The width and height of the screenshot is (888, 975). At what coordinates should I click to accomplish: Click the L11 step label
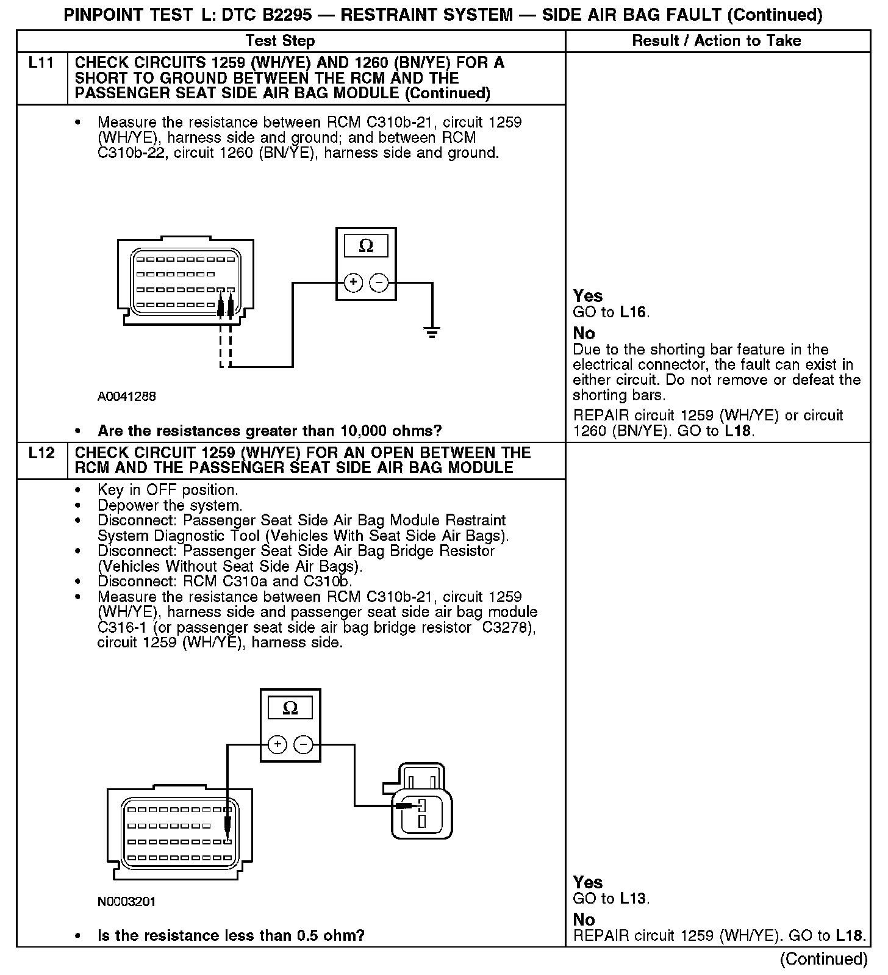click(x=41, y=63)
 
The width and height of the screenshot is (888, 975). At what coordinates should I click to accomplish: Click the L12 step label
click(x=41, y=453)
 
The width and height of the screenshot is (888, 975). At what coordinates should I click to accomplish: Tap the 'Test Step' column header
click(x=280, y=41)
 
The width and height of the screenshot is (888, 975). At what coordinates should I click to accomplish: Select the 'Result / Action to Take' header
click(x=717, y=41)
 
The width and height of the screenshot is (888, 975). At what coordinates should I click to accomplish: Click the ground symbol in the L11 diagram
click(x=432, y=333)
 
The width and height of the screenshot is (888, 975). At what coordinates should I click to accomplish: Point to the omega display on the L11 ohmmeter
click(x=366, y=246)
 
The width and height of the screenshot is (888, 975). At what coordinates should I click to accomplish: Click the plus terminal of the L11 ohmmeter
click(x=353, y=283)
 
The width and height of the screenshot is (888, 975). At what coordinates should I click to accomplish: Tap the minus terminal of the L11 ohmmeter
click(x=379, y=283)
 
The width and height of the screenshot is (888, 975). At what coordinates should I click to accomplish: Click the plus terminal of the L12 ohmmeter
click(x=277, y=744)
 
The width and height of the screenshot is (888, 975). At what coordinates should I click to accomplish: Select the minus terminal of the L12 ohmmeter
click(x=304, y=744)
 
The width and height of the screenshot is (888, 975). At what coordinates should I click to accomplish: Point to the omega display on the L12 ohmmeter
click(x=290, y=708)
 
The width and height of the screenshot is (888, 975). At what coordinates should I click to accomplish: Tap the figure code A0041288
click(x=127, y=397)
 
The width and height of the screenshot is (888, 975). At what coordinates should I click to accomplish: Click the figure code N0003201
click(x=127, y=901)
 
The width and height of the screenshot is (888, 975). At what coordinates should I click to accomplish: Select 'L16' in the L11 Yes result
click(x=633, y=312)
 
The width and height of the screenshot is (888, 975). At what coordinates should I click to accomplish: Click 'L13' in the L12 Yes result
click(x=633, y=898)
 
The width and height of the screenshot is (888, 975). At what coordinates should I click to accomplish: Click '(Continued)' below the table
click(x=823, y=959)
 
